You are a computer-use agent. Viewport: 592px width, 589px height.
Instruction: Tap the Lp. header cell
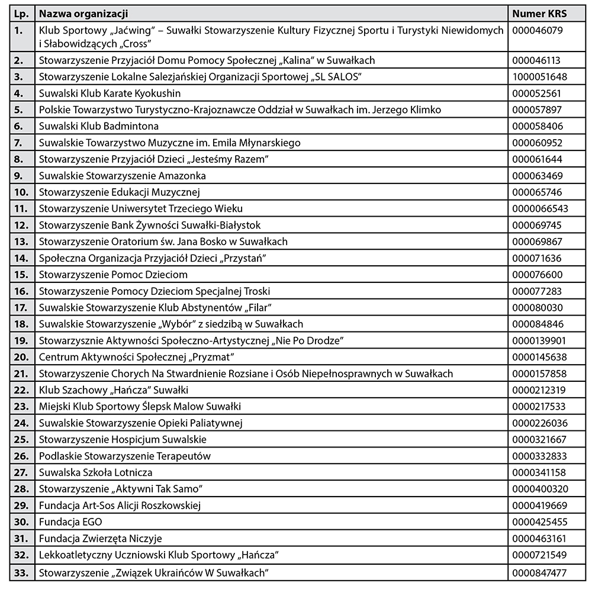(x=21, y=14)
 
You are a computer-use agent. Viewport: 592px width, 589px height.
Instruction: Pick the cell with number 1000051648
(x=539, y=77)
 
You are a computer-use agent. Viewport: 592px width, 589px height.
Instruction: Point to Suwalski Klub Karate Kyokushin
(x=110, y=94)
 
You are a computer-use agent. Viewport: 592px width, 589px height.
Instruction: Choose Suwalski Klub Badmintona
(x=98, y=126)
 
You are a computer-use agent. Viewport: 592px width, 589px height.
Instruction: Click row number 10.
(x=21, y=192)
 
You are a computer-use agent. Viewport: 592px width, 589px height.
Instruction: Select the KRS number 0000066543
(x=540, y=208)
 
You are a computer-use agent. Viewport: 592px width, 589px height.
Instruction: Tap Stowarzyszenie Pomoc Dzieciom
(x=113, y=275)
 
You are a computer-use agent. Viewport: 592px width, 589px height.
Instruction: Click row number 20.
(x=21, y=357)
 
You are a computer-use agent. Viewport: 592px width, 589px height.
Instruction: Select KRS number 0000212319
(x=539, y=390)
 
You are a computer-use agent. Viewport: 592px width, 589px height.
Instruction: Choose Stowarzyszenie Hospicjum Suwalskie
(x=123, y=440)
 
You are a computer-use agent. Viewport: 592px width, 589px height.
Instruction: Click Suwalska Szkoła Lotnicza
(x=95, y=472)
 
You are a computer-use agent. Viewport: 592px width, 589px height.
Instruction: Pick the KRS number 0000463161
(x=539, y=539)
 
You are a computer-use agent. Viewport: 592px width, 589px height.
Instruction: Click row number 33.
(x=21, y=573)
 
